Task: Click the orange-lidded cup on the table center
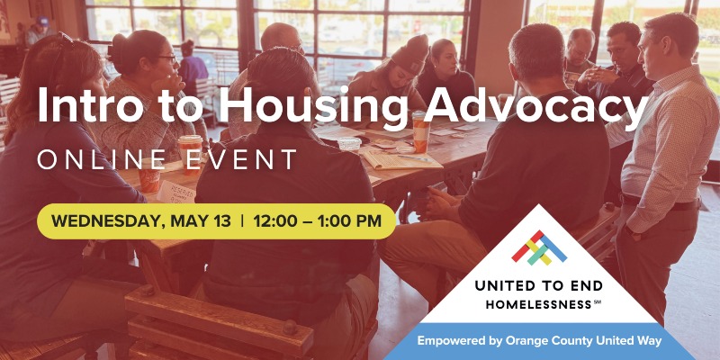419,130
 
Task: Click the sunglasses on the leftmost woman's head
63,40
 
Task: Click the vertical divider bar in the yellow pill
241,220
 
